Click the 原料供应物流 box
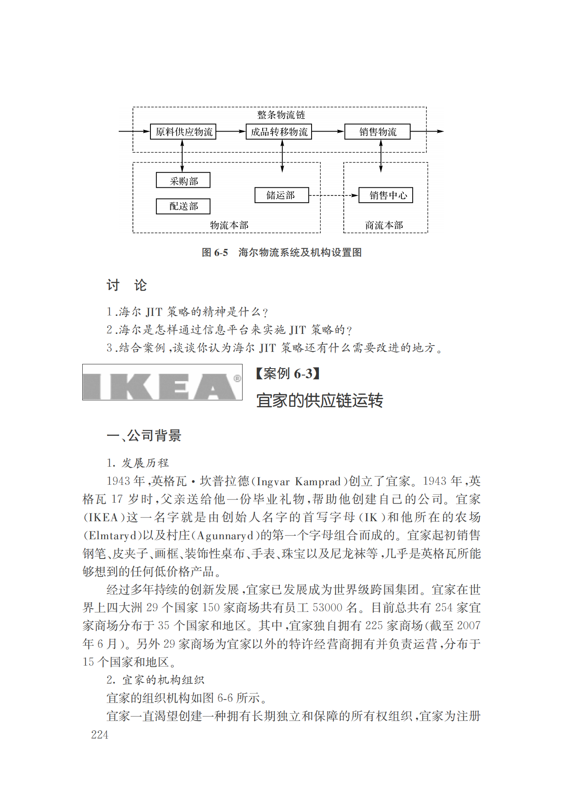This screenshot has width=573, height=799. tap(183, 132)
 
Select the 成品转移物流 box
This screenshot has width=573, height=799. tap(279, 132)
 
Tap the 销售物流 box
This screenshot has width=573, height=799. tap(378, 132)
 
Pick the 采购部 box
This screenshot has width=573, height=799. tap(183, 181)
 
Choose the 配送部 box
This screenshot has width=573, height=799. tap(183, 206)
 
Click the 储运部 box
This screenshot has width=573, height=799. tap(282, 195)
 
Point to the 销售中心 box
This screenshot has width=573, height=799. tap(386, 195)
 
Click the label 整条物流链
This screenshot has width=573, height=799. tap(281, 115)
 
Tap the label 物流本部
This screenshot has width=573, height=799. tap(229, 225)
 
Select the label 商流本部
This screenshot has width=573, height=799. tap(384, 225)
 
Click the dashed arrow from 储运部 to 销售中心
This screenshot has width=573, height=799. tap(333, 195)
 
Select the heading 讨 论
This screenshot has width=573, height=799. tap(126, 285)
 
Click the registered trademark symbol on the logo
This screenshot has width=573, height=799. tap(237, 378)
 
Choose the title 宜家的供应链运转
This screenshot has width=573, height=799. tap(319, 400)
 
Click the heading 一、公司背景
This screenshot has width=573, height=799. tap(144, 436)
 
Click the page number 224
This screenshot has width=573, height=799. tap(99, 735)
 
